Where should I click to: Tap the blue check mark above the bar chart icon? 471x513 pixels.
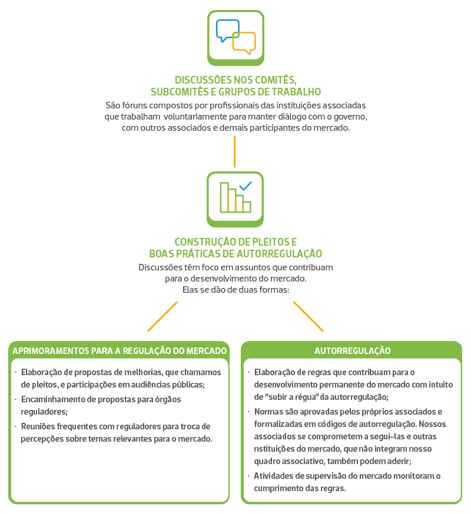[x=246, y=186]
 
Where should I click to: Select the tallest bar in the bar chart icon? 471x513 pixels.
[x=224, y=197]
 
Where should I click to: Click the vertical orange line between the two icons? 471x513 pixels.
[x=234, y=151]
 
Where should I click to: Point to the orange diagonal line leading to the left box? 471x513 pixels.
[x=162, y=316]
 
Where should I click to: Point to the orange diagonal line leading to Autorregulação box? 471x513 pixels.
[x=309, y=316]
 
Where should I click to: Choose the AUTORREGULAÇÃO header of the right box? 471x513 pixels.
[x=352, y=350]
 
